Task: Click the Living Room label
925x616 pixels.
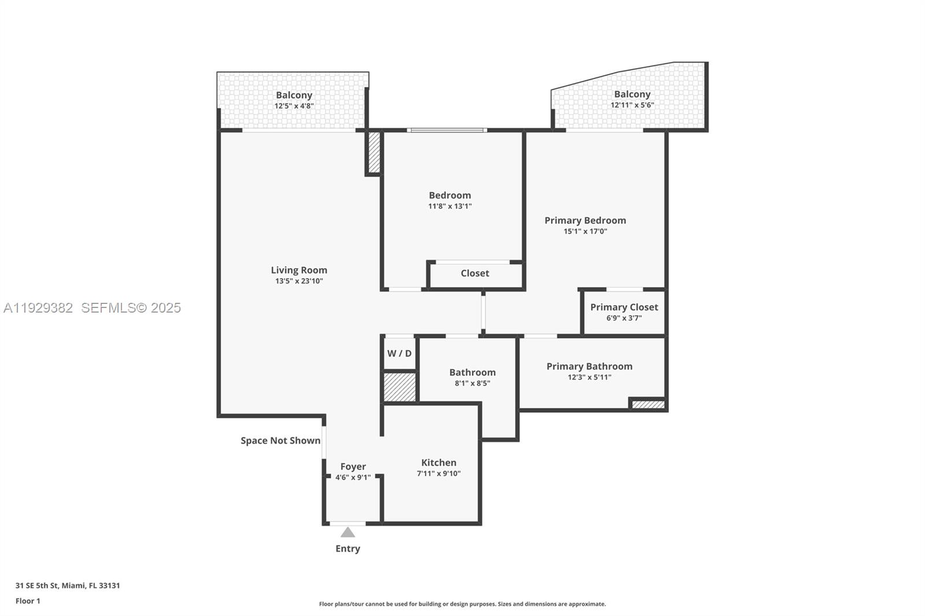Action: (x=299, y=270)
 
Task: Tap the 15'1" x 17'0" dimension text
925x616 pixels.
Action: (x=585, y=231)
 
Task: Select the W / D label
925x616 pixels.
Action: (x=399, y=353)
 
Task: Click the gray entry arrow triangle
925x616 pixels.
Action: (x=347, y=532)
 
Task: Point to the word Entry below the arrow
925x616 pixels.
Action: (x=347, y=548)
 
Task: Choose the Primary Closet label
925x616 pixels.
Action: (x=624, y=307)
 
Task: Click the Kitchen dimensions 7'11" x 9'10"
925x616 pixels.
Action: (x=438, y=473)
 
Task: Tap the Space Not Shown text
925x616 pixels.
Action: (x=280, y=440)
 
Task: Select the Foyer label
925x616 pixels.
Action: (x=353, y=466)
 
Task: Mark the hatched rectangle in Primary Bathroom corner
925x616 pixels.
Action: (x=648, y=405)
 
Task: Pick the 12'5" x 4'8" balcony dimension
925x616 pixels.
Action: (x=294, y=106)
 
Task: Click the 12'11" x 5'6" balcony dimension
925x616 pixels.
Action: (x=632, y=105)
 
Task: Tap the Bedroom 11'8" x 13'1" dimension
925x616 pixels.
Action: (x=450, y=206)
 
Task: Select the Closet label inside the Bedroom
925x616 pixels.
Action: (x=475, y=273)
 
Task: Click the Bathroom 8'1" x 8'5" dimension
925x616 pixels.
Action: (x=472, y=383)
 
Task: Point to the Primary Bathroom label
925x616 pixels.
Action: (x=589, y=366)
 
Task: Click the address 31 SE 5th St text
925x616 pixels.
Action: (x=68, y=585)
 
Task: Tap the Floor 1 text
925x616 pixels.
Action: (x=28, y=601)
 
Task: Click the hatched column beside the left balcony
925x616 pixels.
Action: (x=374, y=153)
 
